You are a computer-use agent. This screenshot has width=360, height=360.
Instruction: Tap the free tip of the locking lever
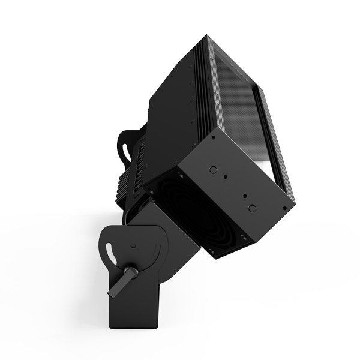(110, 293)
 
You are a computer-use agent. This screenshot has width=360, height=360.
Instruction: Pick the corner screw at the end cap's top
(212, 138)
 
